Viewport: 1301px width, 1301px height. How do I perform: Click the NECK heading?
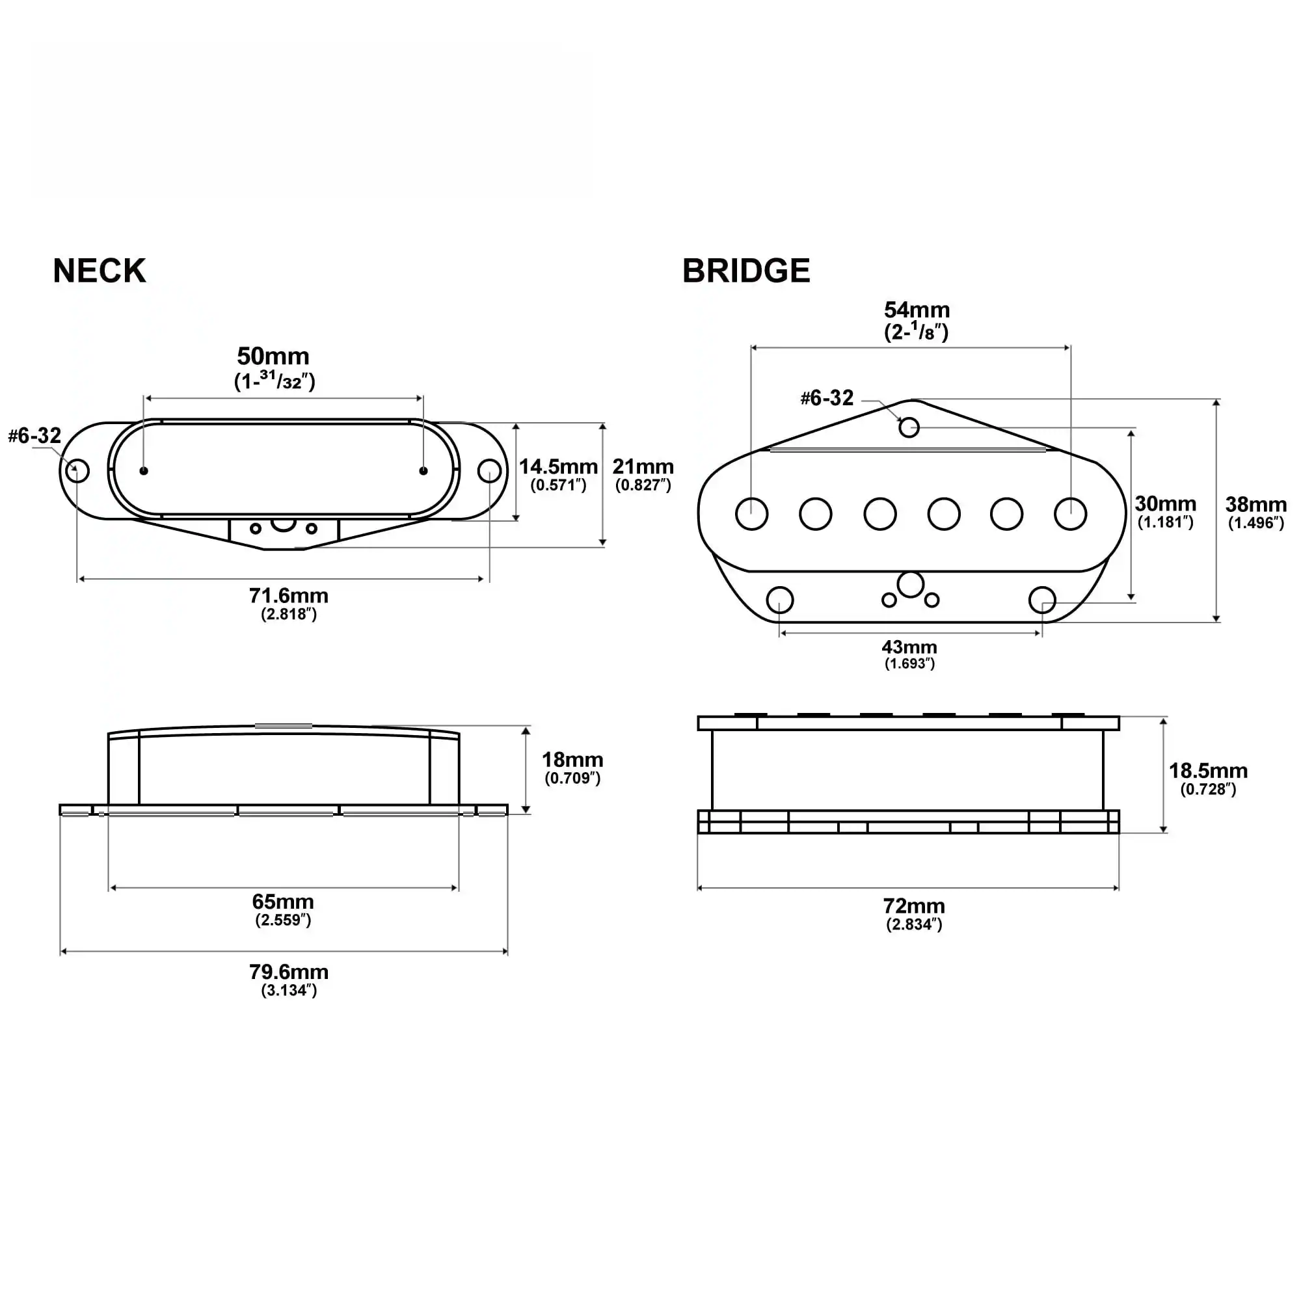coord(99,271)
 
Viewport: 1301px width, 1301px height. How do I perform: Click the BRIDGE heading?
coord(745,271)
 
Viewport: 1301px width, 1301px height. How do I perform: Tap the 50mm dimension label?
coord(273,356)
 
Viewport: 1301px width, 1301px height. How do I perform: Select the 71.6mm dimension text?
coord(288,595)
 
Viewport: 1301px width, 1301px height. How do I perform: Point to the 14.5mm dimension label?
coord(557,466)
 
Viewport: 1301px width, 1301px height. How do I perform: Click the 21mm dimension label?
coord(643,466)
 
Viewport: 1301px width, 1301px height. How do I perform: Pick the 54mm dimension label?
coord(916,310)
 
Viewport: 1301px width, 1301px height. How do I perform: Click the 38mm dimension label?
coord(1255,504)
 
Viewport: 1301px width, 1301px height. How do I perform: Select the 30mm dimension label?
coord(1165,503)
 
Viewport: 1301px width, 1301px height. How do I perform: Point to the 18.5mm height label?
coord(1207,770)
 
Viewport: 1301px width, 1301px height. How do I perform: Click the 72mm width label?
coord(913,905)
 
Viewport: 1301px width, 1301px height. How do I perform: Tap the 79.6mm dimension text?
coord(288,972)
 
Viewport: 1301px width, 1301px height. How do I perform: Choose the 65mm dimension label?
coord(283,901)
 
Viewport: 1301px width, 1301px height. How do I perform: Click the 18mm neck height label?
coord(572,760)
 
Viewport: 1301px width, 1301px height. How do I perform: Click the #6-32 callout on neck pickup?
coord(34,436)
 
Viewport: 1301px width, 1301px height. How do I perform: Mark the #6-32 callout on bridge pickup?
coord(826,398)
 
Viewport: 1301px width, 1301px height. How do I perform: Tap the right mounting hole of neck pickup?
coord(489,471)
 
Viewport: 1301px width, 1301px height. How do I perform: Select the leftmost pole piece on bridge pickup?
coord(751,514)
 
